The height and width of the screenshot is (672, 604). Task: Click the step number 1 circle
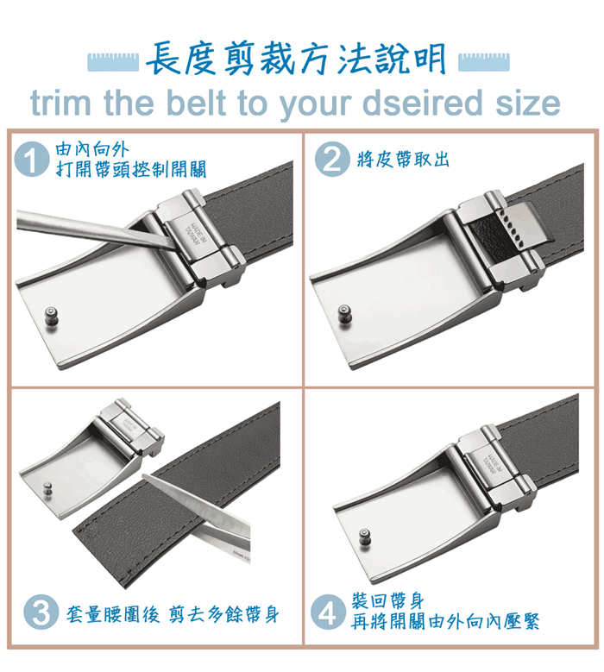click(x=31, y=160)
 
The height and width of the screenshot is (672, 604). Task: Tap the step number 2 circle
click(x=332, y=159)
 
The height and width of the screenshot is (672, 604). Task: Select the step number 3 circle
click(x=41, y=612)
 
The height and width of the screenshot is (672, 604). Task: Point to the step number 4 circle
click(x=328, y=612)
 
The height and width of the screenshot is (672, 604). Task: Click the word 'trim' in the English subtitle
click(x=61, y=103)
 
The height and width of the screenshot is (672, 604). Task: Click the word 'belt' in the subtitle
click(x=196, y=103)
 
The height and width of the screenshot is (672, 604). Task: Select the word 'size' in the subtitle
click(x=528, y=104)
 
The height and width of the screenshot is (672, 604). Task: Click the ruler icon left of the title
click(x=113, y=62)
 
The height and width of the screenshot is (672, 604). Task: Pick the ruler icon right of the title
click(x=484, y=62)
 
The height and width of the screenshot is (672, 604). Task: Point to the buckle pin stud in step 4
click(x=364, y=537)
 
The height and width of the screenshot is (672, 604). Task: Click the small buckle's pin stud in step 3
click(x=47, y=487)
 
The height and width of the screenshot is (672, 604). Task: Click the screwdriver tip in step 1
click(x=173, y=249)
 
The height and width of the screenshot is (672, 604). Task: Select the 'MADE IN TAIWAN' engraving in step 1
click(x=195, y=234)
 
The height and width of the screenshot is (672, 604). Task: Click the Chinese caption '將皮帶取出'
click(x=403, y=160)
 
